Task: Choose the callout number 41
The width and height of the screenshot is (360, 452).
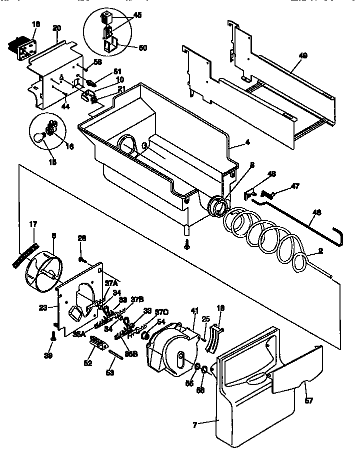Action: [x=193, y=311]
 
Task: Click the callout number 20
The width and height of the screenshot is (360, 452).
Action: [x=56, y=27]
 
